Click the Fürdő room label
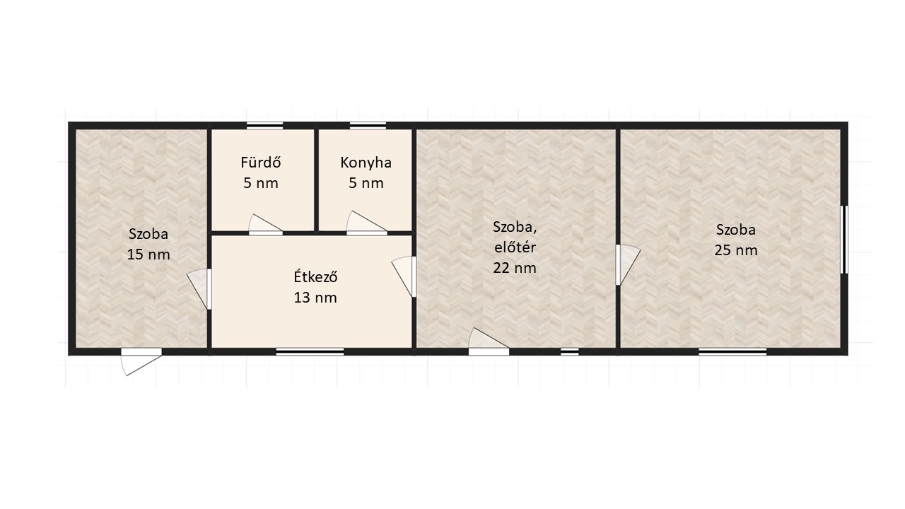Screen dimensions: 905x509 [x=261, y=163]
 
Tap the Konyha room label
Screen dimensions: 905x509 [x=366, y=163]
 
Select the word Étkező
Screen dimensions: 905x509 [x=315, y=276]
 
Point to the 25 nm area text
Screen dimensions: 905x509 [x=736, y=250]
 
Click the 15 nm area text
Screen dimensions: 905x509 [x=148, y=255]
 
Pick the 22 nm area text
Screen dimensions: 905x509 [x=514, y=268]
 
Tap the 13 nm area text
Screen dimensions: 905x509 [x=315, y=298]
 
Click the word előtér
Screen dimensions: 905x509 [x=515, y=247]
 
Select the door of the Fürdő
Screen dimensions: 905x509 [x=265, y=226]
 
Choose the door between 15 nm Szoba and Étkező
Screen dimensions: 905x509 [x=199, y=289]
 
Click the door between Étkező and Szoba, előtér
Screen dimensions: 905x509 [x=404, y=276]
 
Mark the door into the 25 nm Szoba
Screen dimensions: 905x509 [x=628, y=265]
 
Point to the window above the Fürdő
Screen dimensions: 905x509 [x=264, y=125]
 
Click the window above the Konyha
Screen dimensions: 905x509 [x=368, y=125]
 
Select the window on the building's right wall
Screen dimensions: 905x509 [x=844, y=240]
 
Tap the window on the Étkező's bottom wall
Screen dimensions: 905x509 [x=310, y=352]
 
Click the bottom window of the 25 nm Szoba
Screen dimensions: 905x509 [x=732, y=352]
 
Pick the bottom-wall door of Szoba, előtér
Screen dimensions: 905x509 [x=489, y=342]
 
